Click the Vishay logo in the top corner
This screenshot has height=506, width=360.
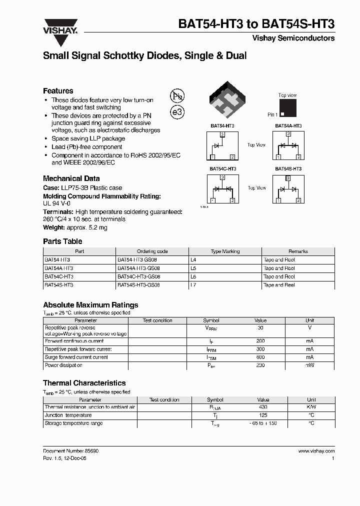(60, 26)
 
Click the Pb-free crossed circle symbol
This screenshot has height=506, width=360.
(177, 96)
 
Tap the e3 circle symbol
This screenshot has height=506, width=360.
(177, 112)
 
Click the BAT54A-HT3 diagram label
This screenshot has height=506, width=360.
(288, 126)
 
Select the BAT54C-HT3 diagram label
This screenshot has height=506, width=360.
(222, 169)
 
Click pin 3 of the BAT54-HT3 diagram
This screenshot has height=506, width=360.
(222, 135)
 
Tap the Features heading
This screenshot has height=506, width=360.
(58, 91)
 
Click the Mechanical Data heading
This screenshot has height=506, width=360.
(71, 178)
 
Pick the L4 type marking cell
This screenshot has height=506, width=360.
(194, 260)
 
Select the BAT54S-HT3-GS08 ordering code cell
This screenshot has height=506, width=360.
(138, 285)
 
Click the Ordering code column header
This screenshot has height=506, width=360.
(152, 251)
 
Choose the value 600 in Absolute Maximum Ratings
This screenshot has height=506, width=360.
(260, 357)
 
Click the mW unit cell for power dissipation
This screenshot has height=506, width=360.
(310, 365)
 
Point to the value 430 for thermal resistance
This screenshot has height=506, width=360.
(263, 407)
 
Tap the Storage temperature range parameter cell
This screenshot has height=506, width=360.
(73, 423)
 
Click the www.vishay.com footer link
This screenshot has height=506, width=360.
(316, 451)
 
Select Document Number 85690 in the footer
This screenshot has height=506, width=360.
(70, 451)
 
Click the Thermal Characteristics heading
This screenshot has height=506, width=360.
(84, 383)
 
